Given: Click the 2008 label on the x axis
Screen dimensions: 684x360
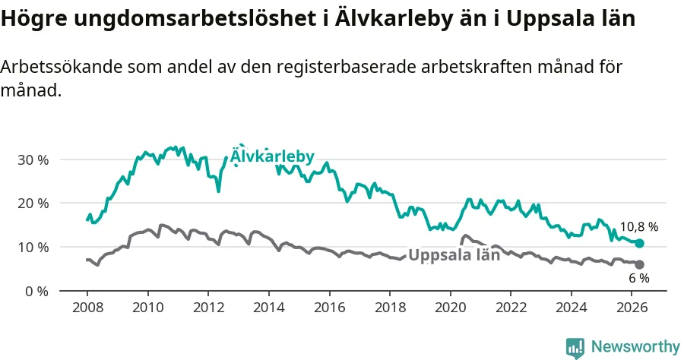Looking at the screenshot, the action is click(x=87, y=308).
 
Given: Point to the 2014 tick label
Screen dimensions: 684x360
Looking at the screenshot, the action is click(x=269, y=308).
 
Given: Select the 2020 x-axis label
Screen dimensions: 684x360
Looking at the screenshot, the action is click(x=451, y=308).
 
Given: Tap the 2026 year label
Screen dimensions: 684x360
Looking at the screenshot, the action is click(x=632, y=308).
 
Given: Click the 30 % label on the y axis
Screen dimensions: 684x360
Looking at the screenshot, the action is click(x=33, y=160).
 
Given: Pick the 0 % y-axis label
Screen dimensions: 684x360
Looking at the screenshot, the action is click(x=36, y=291).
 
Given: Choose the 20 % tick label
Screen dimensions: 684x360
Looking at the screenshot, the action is click(x=33, y=204).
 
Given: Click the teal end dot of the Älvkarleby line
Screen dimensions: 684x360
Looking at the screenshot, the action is click(x=639, y=243).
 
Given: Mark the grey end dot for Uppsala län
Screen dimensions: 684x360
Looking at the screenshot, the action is click(x=639, y=264).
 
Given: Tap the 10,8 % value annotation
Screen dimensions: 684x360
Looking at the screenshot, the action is click(x=639, y=226).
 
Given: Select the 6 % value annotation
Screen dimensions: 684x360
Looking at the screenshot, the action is click(x=639, y=278).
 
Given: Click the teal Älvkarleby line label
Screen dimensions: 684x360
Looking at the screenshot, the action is click(x=272, y=156).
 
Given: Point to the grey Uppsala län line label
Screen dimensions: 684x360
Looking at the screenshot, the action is click(x=454, y=255).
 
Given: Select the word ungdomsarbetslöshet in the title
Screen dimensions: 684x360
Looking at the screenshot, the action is click(x=195, y=18).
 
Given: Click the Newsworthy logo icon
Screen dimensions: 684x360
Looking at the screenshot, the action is click(x=575, y=348).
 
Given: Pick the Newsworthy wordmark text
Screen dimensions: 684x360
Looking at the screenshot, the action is click(x=635, y=347).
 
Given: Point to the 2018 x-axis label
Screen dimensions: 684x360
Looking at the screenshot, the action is click(x=390, y=308).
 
